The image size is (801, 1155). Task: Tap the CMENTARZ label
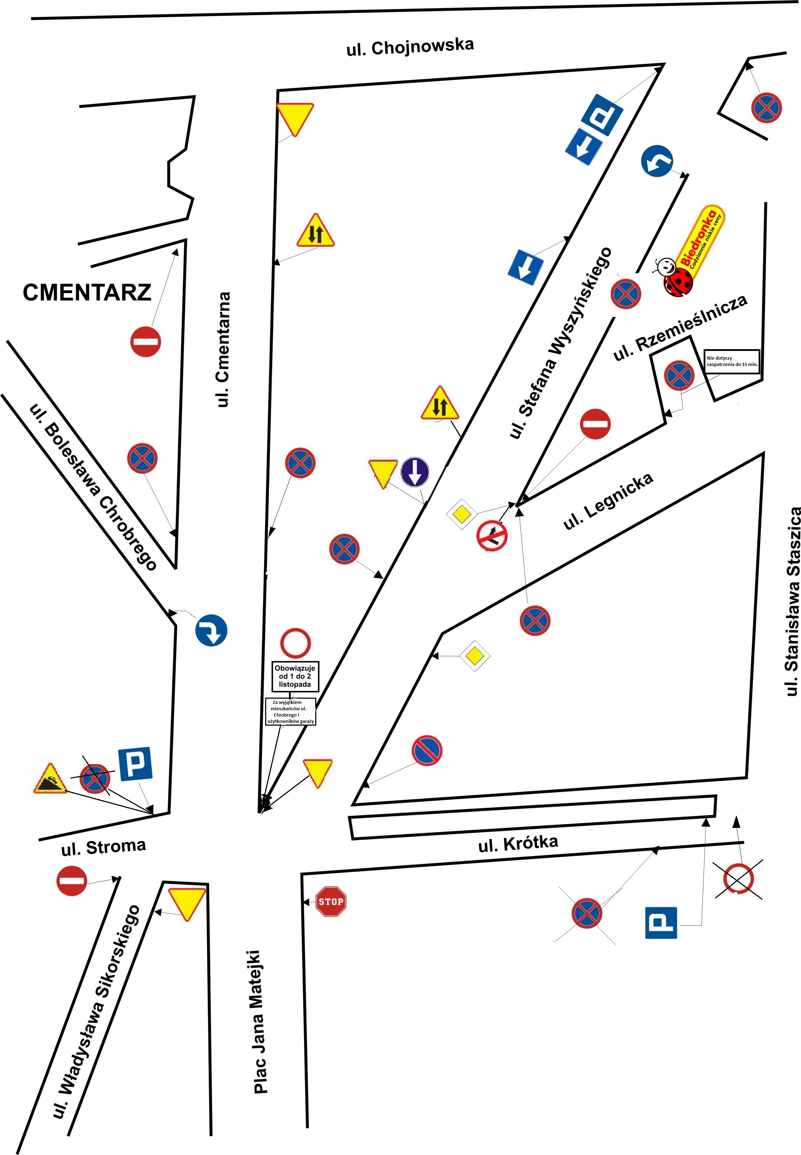click(87, 292)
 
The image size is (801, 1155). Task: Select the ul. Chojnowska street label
click(410, 47)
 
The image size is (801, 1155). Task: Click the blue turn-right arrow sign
click(211, 630)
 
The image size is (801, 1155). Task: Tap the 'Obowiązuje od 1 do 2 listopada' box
click(295, 676)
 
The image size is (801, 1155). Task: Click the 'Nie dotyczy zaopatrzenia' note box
click(732, 361)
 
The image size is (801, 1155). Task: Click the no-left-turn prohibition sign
click(492, 536)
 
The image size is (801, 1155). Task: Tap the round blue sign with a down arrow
click(415, 472)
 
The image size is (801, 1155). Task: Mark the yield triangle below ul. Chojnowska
click(295, 119)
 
